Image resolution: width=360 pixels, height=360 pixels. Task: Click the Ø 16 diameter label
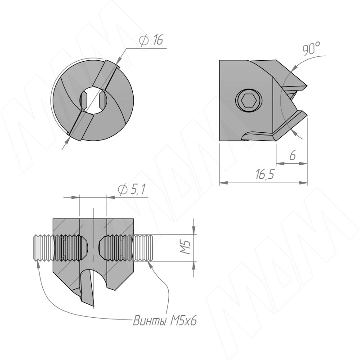[x=151, y=40]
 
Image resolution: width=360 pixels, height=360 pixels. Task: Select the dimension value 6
[x=292, y=156]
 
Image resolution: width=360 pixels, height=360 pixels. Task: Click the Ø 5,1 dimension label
[x=131, y=189]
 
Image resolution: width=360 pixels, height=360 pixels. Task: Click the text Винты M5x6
[x=165, y=321]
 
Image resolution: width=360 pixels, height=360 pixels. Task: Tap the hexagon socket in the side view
[x=249, y=100]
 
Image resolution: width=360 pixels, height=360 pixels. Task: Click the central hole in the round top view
[x=93, y=100]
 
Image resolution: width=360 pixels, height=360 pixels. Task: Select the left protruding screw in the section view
[x=44, y=248]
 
